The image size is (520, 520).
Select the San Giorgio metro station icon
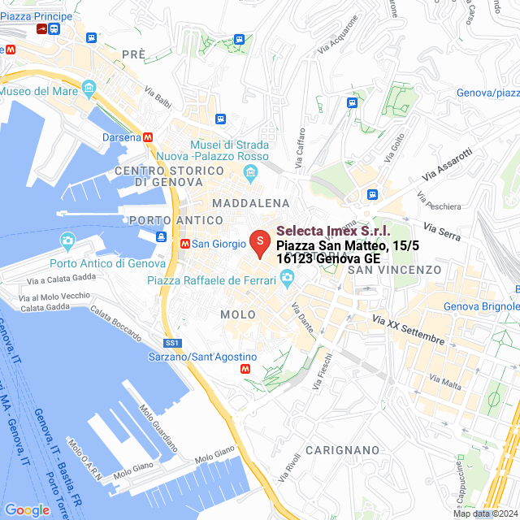[185, 243]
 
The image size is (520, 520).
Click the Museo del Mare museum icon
[89, 87]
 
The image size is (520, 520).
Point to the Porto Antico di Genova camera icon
[67, 240]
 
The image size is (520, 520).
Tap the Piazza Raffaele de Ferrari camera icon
[286, 279]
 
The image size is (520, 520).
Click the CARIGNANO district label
[344, 449]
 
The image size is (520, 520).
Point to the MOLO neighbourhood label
[237, 314]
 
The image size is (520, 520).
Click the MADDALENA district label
[250, 202]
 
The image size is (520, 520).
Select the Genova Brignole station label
[481, 306]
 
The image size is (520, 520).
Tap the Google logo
[27, 509]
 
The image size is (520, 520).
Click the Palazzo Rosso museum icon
[251, 171]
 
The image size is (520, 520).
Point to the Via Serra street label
[443, 231]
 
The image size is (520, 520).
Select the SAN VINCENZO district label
[394, 269]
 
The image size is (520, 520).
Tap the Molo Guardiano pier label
[158, 427]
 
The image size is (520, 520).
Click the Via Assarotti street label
[447, 165]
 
